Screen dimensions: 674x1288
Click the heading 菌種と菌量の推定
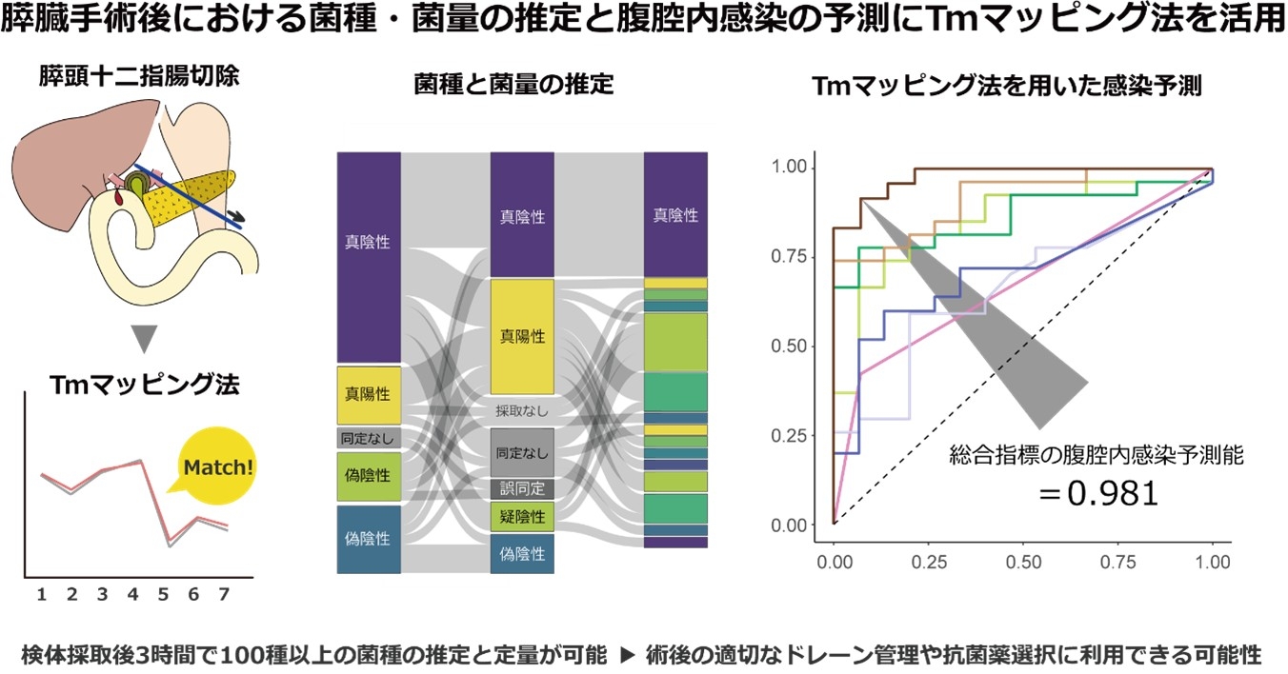513,86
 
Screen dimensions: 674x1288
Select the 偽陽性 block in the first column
368,473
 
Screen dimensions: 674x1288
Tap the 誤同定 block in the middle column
522,489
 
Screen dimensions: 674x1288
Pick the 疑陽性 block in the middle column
522,517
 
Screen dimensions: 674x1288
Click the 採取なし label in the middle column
522,411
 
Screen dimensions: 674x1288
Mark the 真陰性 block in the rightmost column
675,215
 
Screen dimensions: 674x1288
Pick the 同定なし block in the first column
368,438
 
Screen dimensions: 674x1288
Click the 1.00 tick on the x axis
1212,564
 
